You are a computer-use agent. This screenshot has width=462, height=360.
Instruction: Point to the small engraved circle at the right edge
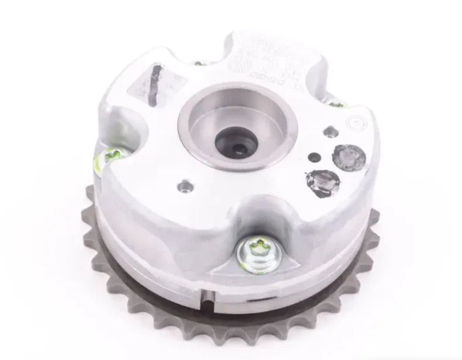click(x=354, y=123)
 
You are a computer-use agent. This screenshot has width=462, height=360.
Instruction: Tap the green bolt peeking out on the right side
click(x=336, y=103)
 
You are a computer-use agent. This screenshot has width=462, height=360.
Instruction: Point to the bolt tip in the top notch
click(x=199, y=63)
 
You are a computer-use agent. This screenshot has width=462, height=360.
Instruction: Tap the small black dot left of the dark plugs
click(x=314, y=157)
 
